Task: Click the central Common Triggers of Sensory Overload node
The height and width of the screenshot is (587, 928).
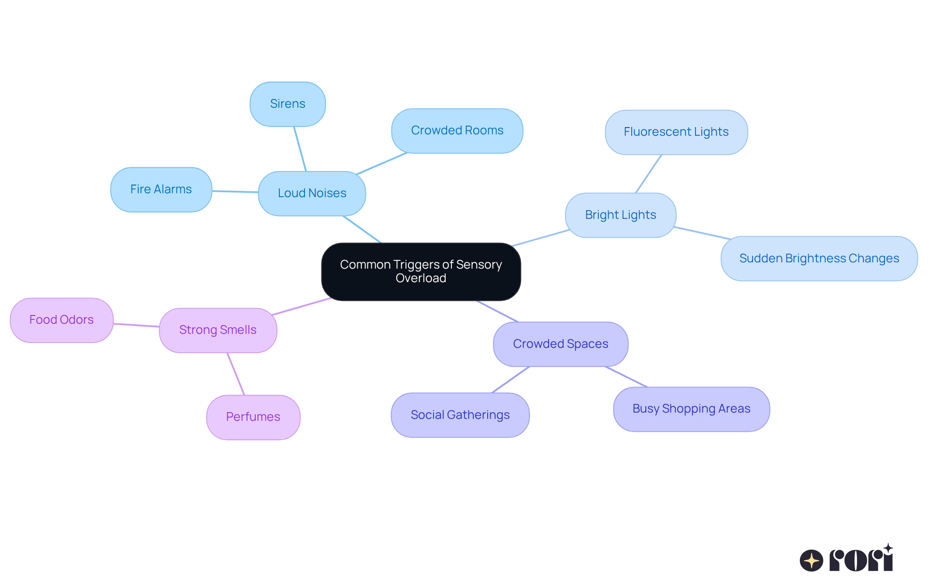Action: click(x=420, y=272)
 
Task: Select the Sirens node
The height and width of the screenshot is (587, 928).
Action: click(x=288, y=104)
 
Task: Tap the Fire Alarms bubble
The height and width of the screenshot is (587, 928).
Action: click(x=161, y=189)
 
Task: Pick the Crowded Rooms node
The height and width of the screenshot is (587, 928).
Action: click(x=457, y=130)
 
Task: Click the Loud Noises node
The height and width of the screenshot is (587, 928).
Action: click(x=312, y=193)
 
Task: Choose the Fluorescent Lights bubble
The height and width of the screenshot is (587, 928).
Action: click(x=676, y=132)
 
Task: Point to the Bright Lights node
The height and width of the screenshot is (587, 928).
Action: click(x=620, y=215)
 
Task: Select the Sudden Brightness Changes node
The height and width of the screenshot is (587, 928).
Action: click(x=819, y=258)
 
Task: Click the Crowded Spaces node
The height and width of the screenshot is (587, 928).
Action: click(x=560, y=344)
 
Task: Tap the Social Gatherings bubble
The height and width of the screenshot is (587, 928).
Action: click(x=460, y=415)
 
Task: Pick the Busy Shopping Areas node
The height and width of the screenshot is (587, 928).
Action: click(x=691, y=409)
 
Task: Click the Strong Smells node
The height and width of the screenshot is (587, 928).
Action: click(x=217, y=330)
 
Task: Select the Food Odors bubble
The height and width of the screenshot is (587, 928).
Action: click(x=61, y=320)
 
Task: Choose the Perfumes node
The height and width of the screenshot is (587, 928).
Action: click(x=253, y=417)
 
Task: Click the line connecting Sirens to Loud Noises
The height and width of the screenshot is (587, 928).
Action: click(x=300, y=149)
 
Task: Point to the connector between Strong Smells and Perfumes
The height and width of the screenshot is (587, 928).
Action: click(x=236, y=374)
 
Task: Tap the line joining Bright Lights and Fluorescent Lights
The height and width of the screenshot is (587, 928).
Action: click(x=648, y=174)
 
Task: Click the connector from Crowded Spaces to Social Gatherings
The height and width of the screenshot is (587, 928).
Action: click(x=510, y=380)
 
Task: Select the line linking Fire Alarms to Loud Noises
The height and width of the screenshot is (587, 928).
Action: click(x=235, y=191)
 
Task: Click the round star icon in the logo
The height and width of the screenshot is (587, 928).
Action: click(x=811, y=560)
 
